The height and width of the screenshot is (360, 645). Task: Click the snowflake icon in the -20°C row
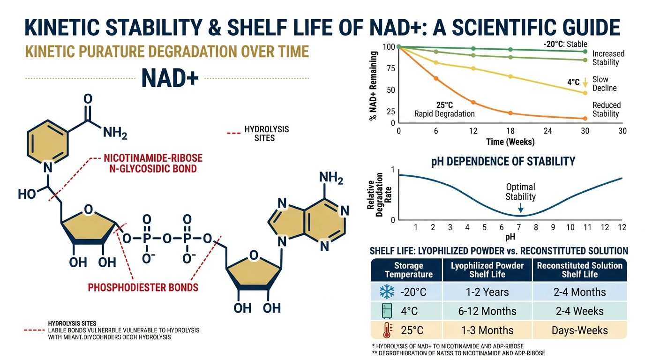tap(386, 292)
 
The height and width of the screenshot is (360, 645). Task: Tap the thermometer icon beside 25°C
tap(386, 330)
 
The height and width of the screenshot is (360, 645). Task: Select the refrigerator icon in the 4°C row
tap(386, 311)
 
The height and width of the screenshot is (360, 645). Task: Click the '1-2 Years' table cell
tap(487, 292)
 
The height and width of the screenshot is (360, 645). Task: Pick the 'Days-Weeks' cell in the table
tap(579, 330)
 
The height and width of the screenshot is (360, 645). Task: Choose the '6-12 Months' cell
tap(487, 311)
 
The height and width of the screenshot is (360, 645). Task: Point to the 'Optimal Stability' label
tap(520, 192)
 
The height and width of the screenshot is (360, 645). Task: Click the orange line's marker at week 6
tap(436, 78)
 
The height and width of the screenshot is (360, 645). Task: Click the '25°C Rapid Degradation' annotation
tap(444, 109)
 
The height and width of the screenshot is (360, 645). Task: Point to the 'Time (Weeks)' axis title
tap(510, 142)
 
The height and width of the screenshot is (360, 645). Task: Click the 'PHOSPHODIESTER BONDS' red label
tap(143, 287)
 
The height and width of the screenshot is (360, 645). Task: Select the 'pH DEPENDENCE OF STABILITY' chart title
tap(502, 162)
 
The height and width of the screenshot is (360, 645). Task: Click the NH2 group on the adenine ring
tap(330, 178)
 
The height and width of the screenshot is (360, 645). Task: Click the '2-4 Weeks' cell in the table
tap(579, 311)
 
